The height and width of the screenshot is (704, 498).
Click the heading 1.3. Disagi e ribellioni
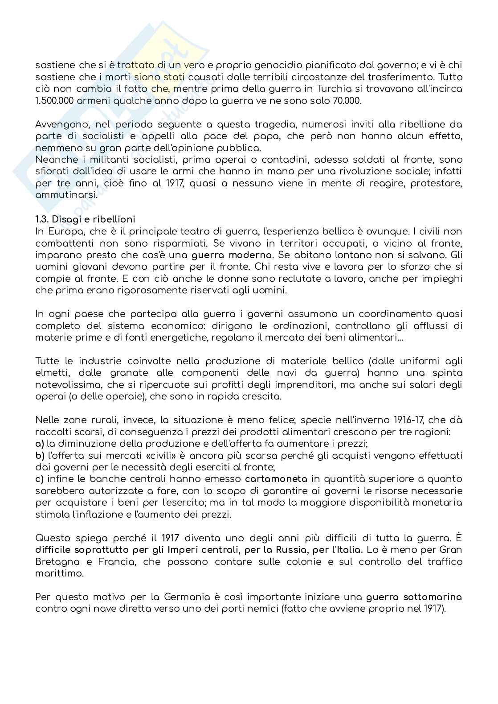coord(85,219)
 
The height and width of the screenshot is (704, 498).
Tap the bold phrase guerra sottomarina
coord(414,597)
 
